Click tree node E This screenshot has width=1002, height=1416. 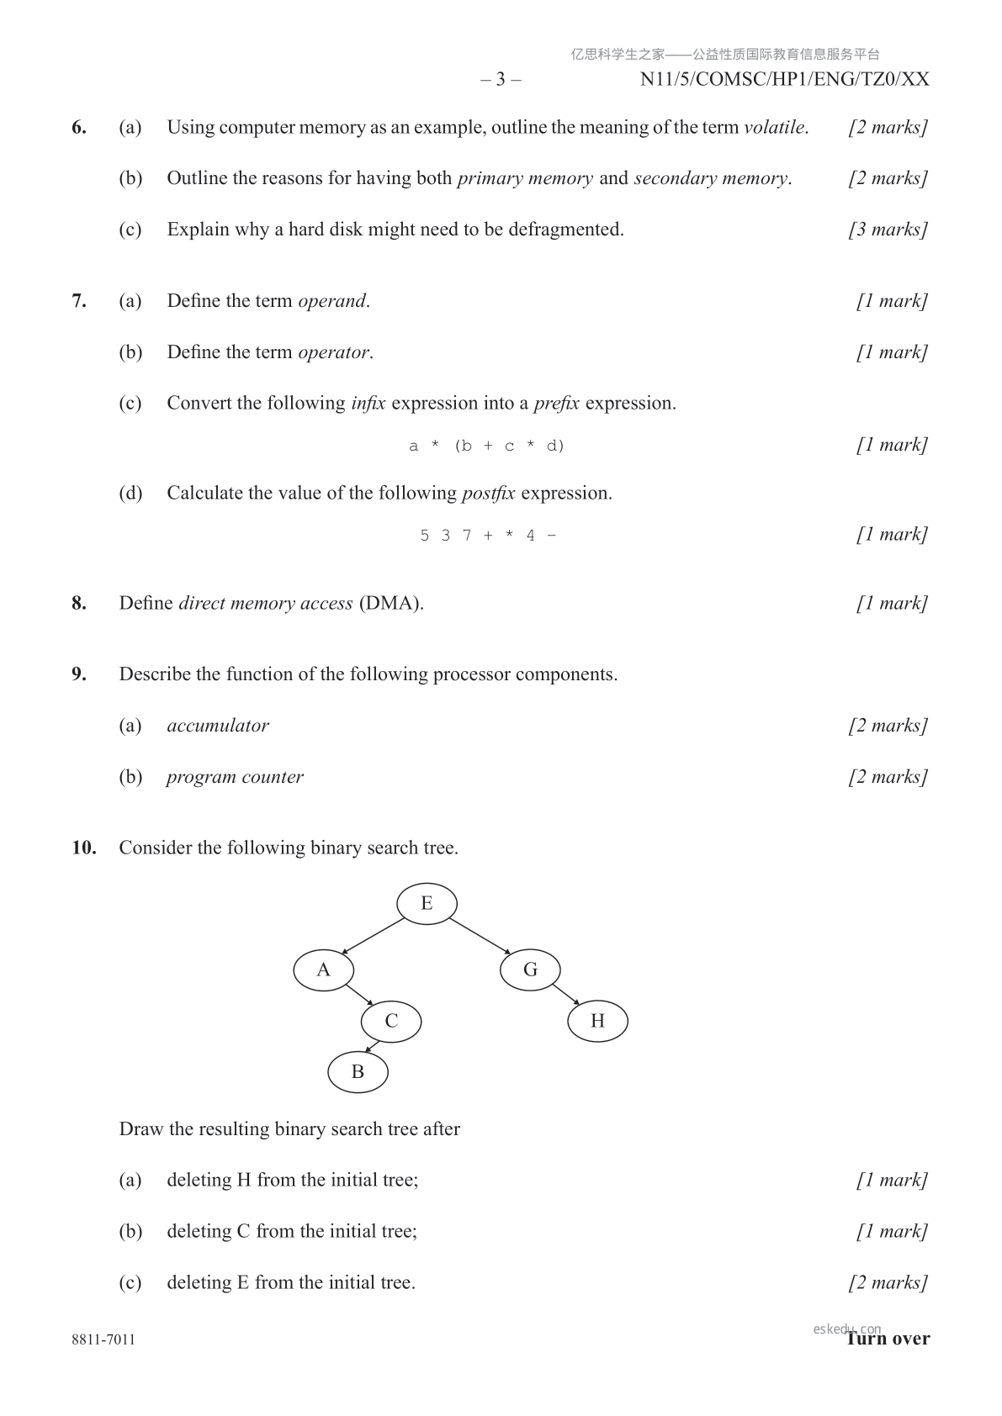pos(427,904)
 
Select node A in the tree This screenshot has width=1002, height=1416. pos(323,970)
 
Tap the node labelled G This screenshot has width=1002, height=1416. pos(530,970)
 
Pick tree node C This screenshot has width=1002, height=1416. pos(391,1022)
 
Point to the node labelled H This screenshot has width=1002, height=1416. pos(597,1022)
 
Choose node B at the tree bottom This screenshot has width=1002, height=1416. pos(358,1072)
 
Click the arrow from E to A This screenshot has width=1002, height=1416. pos(373,937)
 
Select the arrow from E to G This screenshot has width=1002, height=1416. pos(480,936)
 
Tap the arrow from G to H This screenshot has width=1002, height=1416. pos(566,994)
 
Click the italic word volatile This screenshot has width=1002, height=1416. pos(774,128)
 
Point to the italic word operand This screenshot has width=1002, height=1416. pos(332,301)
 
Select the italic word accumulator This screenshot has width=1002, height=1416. pos(218,726)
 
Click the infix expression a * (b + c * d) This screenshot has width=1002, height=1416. pos(486,446)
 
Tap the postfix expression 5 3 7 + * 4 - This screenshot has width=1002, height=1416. pos(488,536)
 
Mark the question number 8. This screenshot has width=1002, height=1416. pos(78,604)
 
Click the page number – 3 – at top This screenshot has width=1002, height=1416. pos(501,80)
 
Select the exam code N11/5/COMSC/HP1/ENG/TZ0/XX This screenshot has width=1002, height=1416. pos(784,80)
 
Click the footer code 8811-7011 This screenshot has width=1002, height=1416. pos(103,1339)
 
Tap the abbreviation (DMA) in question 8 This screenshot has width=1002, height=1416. pos(390,604)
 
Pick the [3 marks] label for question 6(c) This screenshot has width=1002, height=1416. pos(888,230)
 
